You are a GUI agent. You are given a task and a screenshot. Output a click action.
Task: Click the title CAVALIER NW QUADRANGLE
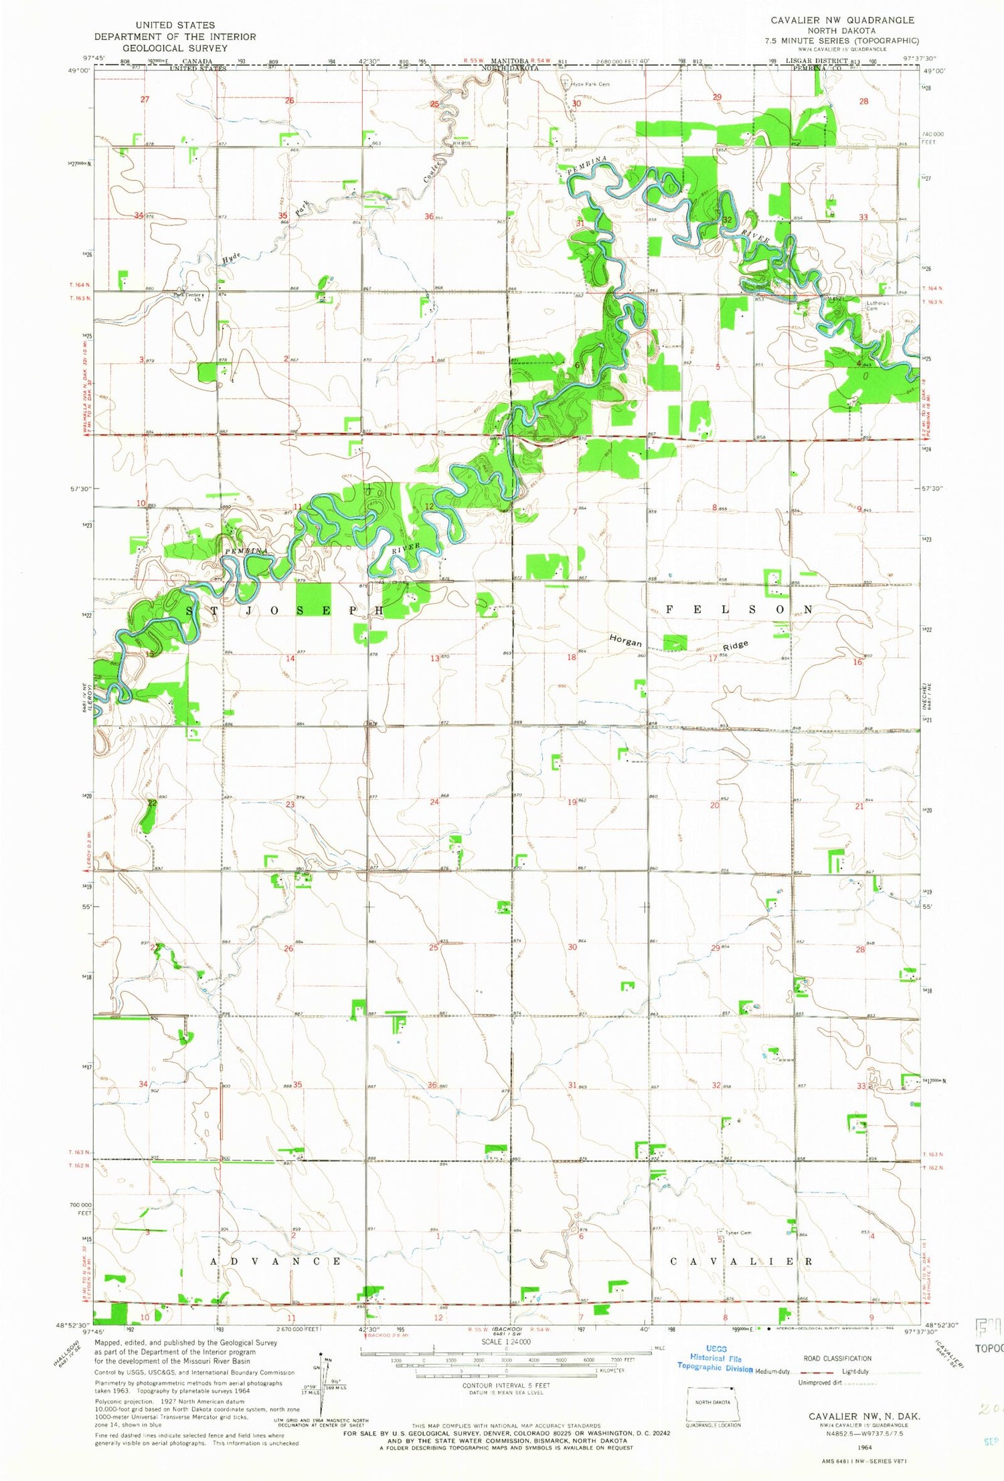(842, 20)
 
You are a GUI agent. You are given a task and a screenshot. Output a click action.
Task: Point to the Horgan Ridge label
(677, 644)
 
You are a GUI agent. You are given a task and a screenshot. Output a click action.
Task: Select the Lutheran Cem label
(877, 306)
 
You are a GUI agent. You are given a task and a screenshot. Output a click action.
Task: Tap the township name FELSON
(739, 610)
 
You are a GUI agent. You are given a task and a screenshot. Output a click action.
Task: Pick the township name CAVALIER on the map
(742, 1261)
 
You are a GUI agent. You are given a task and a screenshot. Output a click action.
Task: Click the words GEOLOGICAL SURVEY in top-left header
(175, 48)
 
